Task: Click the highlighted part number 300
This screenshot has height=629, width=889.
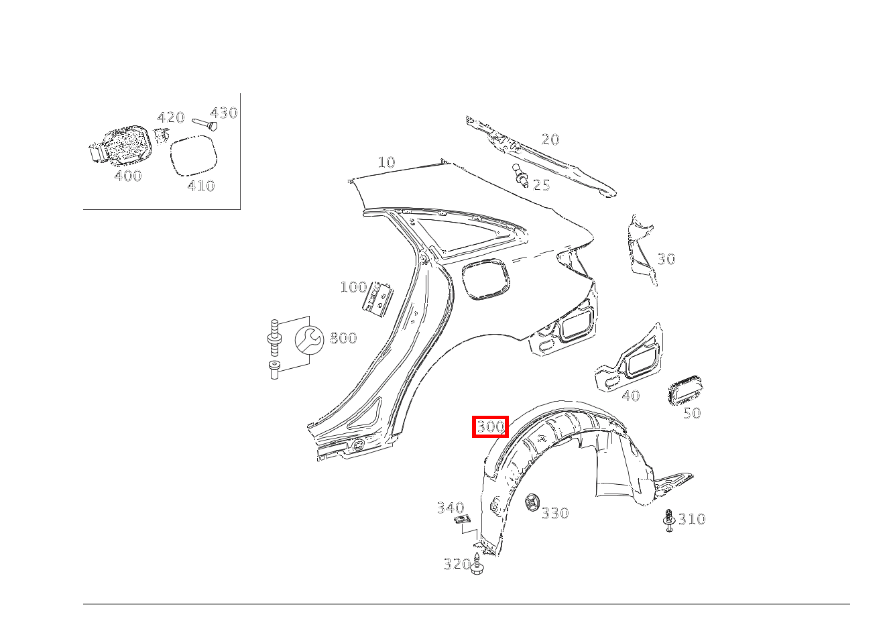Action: tap(490, 426)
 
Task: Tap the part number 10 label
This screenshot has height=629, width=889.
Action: tap(386, 162)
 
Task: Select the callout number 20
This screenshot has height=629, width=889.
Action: tap(550, 139)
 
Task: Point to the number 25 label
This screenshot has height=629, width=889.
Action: tap(541, 185)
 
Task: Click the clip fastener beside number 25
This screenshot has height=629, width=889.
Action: tap(521, 176)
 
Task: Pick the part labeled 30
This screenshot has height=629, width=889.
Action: tap(640, 250)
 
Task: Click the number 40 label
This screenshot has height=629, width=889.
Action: tap(631, 395)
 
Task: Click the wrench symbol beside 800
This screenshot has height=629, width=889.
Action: tap(309, 340)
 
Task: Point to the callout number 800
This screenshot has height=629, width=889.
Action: tap(343, 338)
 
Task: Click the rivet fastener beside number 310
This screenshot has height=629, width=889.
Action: tap(669, 520)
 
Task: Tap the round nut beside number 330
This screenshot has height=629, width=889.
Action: tap(532, 503)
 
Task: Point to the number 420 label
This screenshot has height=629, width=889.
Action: tap(171, 117)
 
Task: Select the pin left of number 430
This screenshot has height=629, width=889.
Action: tap(204, 124)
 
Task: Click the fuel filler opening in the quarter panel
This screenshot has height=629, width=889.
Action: tap(486, 279)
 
